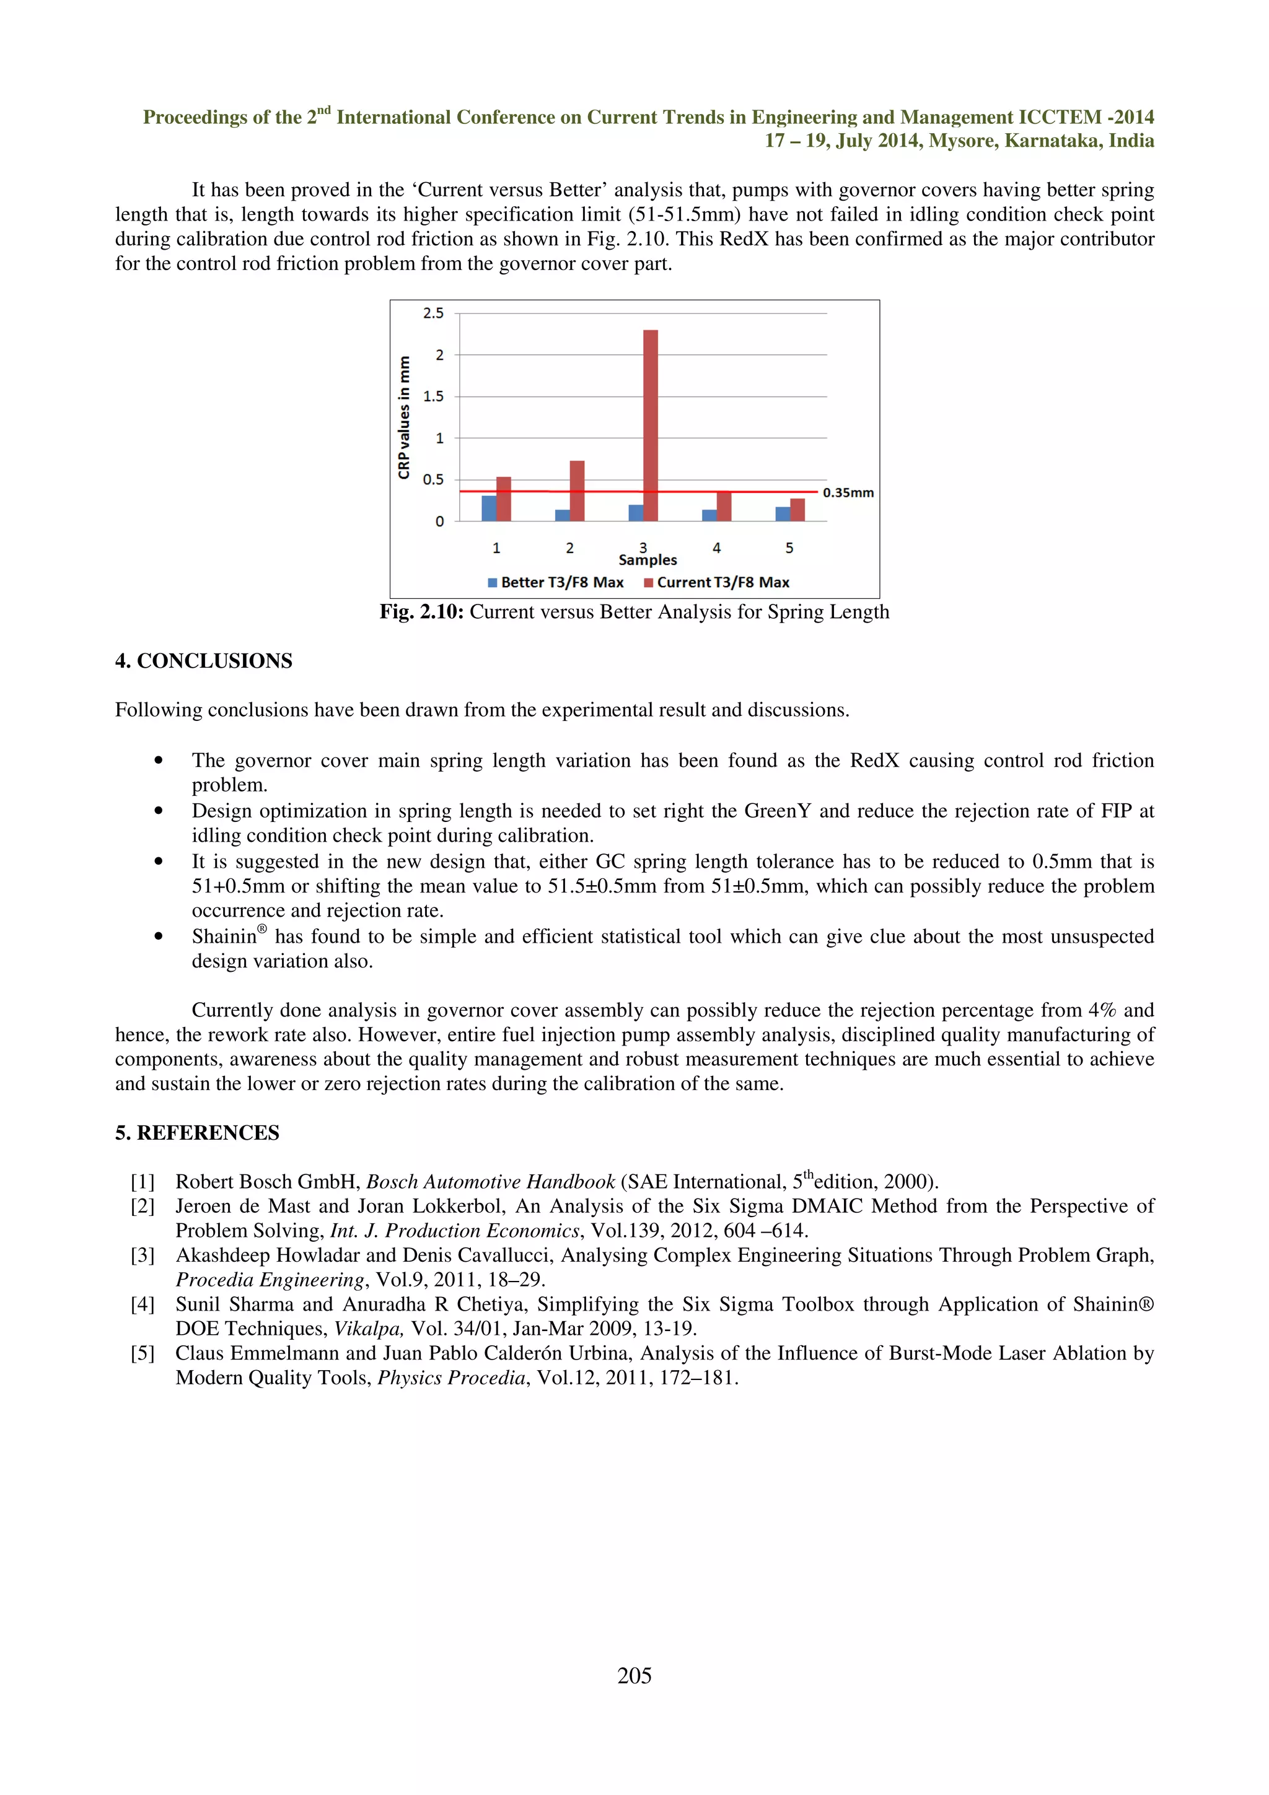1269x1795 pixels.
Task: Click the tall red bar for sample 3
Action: point(651,426)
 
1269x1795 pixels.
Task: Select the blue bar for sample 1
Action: point(489,508)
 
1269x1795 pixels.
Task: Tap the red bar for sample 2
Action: point(577,491)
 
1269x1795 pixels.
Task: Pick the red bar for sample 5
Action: point(797,510)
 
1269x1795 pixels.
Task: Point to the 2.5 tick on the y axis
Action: point(433,313)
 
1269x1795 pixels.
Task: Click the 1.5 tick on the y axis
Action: point(433,396)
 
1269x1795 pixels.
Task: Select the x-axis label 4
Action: point(716,548)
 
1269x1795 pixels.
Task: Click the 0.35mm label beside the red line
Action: point(848,492)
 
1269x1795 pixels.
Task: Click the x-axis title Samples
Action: point(648,561)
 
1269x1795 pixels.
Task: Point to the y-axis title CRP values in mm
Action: point(404,417)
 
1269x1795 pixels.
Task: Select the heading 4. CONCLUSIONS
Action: point(203,662)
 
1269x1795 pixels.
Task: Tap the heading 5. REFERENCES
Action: point(197,1133)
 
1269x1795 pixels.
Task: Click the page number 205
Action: point(634,1675)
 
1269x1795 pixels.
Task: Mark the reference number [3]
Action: point(143,1256)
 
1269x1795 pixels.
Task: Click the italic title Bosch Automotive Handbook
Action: point(490,1182)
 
